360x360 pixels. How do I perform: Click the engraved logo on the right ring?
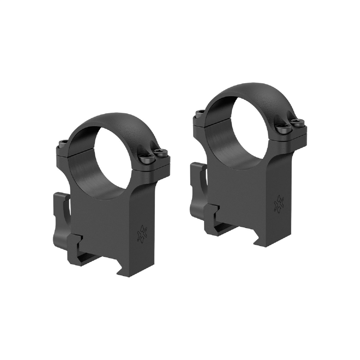pyautogui.click(x=279, y=203)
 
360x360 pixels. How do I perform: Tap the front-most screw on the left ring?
pyautogui.click(x=145, y=158)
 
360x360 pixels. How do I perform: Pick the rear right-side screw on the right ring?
pyautogui.click(x=297, y=121)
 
